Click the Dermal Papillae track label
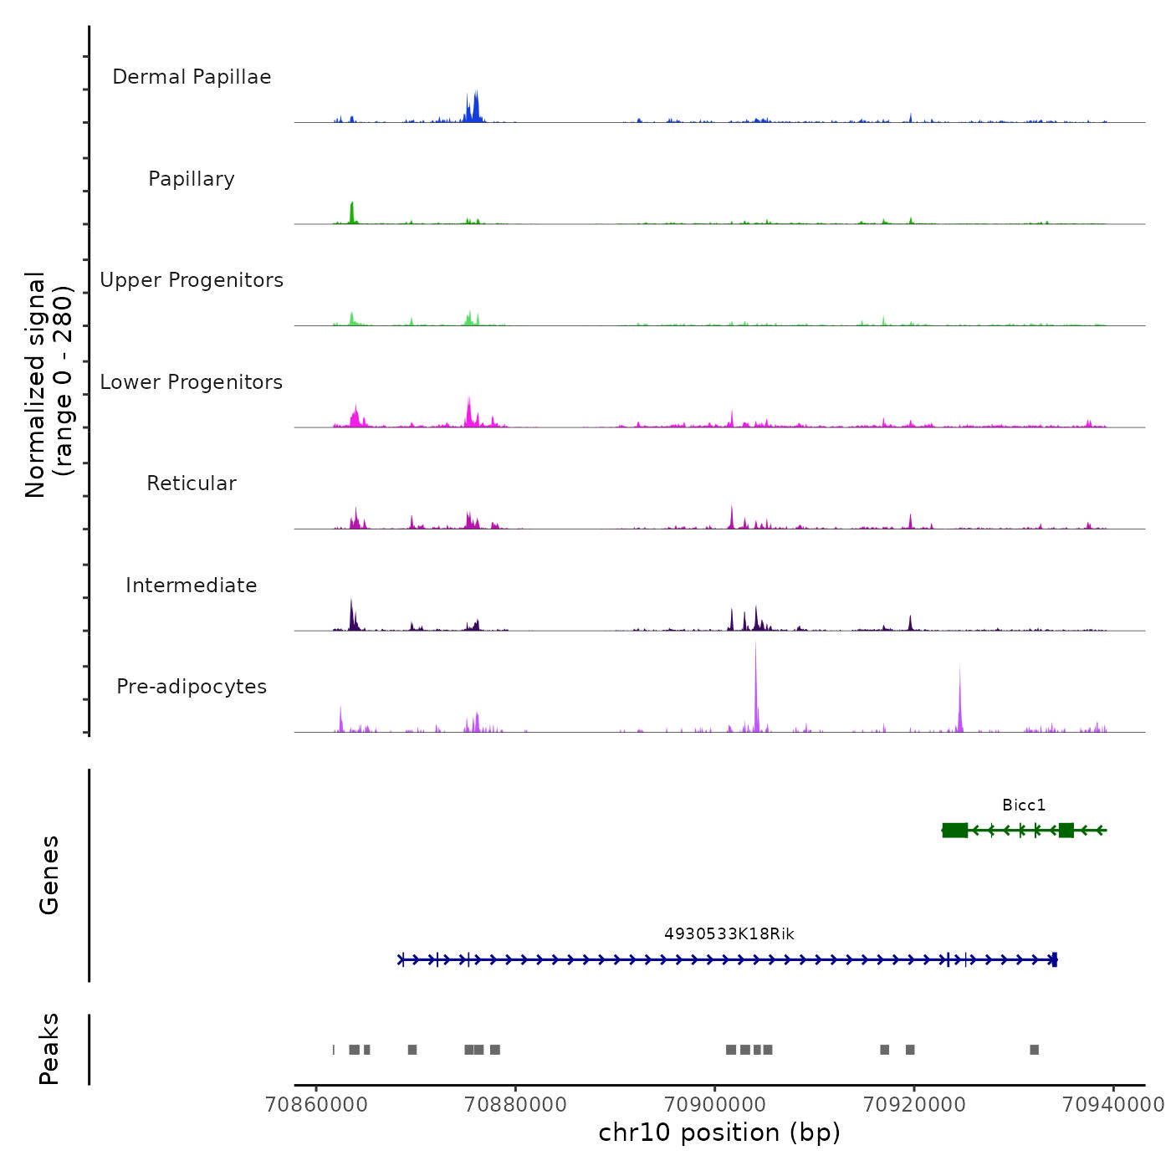point(192,77)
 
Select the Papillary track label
point(192,179)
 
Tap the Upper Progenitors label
point(192,280)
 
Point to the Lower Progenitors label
point(192,382)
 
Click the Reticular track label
point(192,483)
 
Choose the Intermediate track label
point(192,585)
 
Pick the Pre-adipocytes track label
point(192,687)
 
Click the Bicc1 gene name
point(1024,805)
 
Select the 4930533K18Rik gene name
point(729,934)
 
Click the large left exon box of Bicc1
point(955,830)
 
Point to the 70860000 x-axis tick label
point(316,1104)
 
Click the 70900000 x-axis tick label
point(715,1104)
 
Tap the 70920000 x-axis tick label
point(914,1104)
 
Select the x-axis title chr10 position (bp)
point(719,1133)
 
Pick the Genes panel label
point(49,875)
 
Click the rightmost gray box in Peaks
point(1035,1050)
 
